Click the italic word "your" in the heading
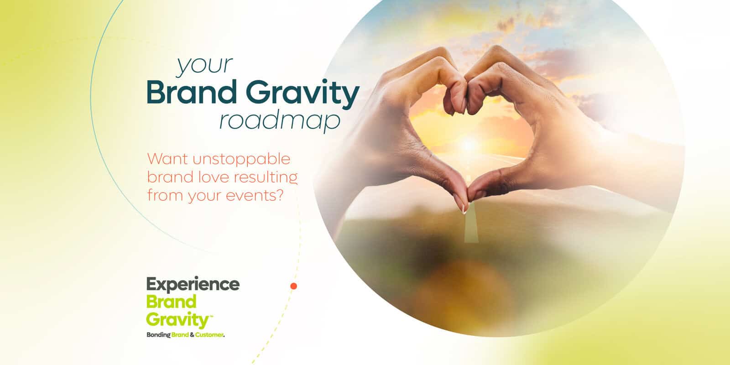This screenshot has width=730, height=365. click(x=205, y=66)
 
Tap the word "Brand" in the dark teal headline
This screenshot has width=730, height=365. click(x=192, y=93)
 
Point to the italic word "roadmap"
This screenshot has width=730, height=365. click(x=280, y=122)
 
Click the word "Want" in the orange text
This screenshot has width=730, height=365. click(x=167, y=159)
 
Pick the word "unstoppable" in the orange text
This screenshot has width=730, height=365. click(x=241, y=160)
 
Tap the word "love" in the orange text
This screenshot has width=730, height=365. click(x=213, y=177)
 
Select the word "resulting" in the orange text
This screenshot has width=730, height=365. click(x=266, y=178)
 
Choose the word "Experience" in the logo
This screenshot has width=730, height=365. click(x=193, y=285)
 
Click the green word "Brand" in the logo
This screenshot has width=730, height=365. click(x=172, y=302)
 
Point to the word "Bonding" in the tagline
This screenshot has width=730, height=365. click(x=158, y=335)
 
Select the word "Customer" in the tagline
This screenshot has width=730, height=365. click(x=209, y=335)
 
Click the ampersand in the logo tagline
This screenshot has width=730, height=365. click(x=192, y=335)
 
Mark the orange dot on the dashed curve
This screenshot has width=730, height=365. click(x=294, y=286)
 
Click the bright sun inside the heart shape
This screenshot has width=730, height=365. click(x=469, y=144)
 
